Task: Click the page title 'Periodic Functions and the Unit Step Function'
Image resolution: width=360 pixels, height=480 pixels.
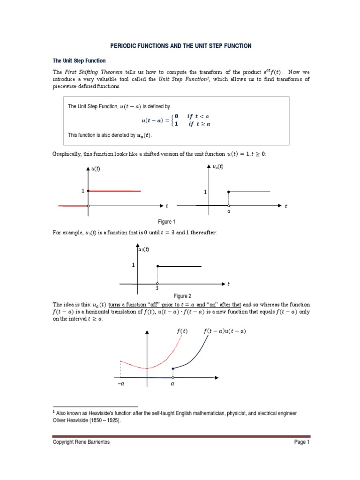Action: [180, 46]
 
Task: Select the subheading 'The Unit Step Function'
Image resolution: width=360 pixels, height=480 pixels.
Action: [79, 61]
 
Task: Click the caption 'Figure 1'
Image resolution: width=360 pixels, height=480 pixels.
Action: [167, 222]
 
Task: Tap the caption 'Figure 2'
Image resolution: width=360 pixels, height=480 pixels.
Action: [182, 296]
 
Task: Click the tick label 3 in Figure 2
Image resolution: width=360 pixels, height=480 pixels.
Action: [157, 289]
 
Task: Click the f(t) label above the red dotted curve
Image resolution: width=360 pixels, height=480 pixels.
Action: [182, 331]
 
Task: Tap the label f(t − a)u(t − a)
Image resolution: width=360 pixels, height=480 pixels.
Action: [225, 331]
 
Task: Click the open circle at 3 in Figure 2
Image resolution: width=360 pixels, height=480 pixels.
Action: [157, 284]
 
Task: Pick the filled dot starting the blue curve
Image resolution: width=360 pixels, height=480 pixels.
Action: [173, 369]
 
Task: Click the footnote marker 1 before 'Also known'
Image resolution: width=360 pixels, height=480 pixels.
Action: [54, 412]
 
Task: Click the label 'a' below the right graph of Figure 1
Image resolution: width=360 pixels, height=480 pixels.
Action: [229, 211]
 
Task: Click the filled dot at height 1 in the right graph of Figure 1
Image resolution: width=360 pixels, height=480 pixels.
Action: [228, 192]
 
